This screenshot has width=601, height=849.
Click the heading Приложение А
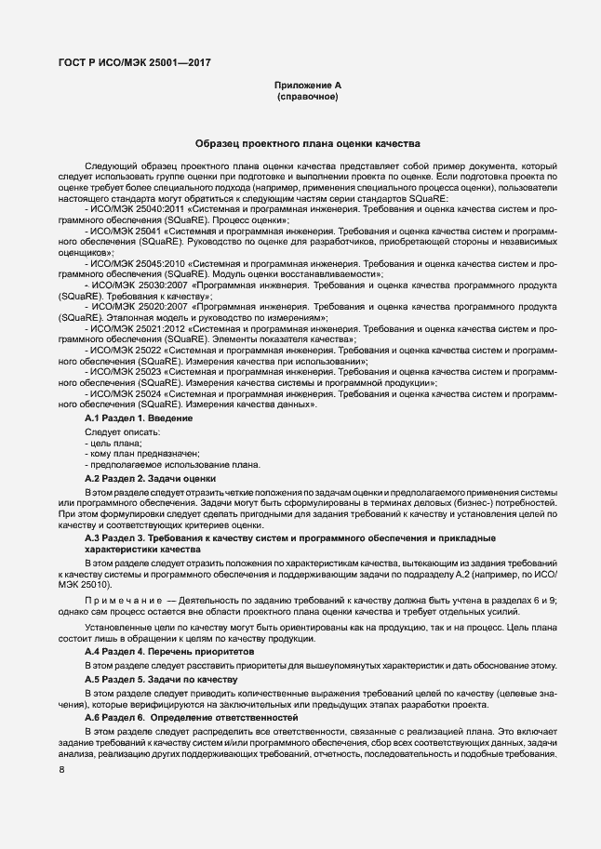307,86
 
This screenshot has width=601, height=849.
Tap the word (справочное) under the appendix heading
307,97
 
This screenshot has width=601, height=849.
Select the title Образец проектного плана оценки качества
307,144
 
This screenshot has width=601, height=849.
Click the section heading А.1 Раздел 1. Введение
139,419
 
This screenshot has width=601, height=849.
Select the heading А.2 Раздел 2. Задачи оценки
150,478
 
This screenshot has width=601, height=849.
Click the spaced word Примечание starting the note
123,601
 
